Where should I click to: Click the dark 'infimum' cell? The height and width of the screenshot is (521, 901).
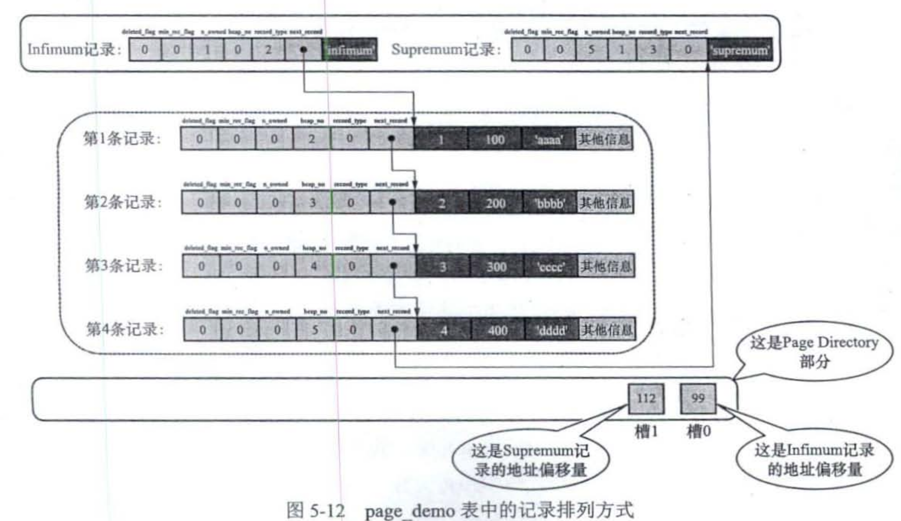tap(350, 50)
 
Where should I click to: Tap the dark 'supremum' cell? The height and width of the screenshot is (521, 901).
tap(740, 50)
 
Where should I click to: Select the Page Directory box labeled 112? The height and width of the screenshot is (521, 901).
tap(646, 398)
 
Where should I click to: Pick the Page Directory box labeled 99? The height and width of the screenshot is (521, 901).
tap(698, 398)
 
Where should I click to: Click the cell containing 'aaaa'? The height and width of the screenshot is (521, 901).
tap(549, 139)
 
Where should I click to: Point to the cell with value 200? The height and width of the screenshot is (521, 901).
tap(495, 204)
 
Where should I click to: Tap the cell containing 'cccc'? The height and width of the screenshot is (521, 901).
tap(550, 267)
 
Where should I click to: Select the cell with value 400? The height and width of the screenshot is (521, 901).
tap(497, 331)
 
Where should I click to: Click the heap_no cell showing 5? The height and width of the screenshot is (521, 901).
tap(315, 330)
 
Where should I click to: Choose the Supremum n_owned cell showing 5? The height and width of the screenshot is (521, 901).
tap(591, 50)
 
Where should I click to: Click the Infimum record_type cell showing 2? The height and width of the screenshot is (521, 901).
tap(268, 50)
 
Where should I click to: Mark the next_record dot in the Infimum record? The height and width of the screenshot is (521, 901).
tap(304, 50)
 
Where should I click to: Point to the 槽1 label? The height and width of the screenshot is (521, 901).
tap(646, 432)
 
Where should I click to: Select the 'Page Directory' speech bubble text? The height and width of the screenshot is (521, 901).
tap(814, 351)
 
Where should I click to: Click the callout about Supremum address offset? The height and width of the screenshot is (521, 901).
tap(531, 461)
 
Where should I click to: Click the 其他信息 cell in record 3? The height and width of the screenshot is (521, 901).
tap(606, 267)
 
